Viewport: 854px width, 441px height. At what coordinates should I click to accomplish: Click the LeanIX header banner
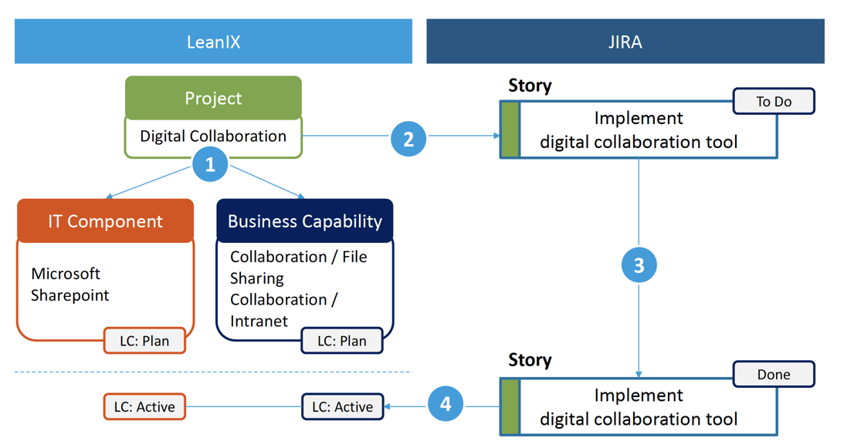(x=213, y=42)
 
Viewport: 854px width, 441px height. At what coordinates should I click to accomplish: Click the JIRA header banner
(x=625, y=42)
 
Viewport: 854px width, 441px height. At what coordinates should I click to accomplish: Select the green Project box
(x=213, y=99)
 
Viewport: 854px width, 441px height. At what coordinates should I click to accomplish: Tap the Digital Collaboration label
(x=213, y=136)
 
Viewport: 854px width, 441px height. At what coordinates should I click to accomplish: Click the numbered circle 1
(x=210, y=164)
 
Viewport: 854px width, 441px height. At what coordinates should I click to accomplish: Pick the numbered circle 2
(x=408, y=138)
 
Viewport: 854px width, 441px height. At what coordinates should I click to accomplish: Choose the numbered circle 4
(x=445, y=404)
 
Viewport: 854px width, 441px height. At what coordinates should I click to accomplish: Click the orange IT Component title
(x=106, y=221)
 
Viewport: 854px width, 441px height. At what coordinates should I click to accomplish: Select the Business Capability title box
(x=305, y=221)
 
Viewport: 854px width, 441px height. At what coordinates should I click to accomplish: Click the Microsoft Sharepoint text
(x=69, y=284)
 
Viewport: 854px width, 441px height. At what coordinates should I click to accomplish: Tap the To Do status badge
(x=774, y=102)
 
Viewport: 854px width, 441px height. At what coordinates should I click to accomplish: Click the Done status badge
(x=774, y=375)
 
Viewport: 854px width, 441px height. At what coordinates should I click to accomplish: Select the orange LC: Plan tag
(x=144, y=341)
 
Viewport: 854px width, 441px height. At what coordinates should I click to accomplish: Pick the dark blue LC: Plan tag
(x=342, y=341)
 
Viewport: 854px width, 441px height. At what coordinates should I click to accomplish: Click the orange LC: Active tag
(x=144, y=406)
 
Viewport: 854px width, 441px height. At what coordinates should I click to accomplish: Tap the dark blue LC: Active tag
(x=342, y=406)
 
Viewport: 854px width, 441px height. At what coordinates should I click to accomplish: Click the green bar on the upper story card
(x=510, y=130)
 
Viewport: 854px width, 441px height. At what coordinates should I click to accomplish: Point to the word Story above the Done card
(x=530, y=360)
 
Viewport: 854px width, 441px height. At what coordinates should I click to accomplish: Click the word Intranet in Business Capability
(x=259, y=321)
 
